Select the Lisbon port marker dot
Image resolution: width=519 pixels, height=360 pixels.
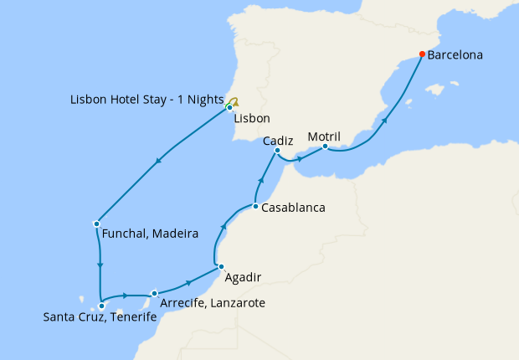click(229, 107)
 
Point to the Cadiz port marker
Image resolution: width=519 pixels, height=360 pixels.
click(277, 151)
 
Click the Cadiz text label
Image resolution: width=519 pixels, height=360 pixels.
click(277, 141)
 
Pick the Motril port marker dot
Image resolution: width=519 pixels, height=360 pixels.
click(325, 147)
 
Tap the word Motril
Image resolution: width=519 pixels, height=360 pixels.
click(324, 136)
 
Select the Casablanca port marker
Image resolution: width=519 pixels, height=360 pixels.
click(255, 206)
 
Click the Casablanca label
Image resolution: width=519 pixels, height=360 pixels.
click(293, 207)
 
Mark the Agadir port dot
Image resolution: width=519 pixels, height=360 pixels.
click(221, 267)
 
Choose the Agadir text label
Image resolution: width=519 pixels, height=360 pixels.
click(244, 276)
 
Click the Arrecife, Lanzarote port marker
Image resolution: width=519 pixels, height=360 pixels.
click(155, 293)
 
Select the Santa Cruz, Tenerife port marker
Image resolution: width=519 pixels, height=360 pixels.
click(101, 306)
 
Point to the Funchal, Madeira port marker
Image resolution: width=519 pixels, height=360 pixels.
click(97, 224)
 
